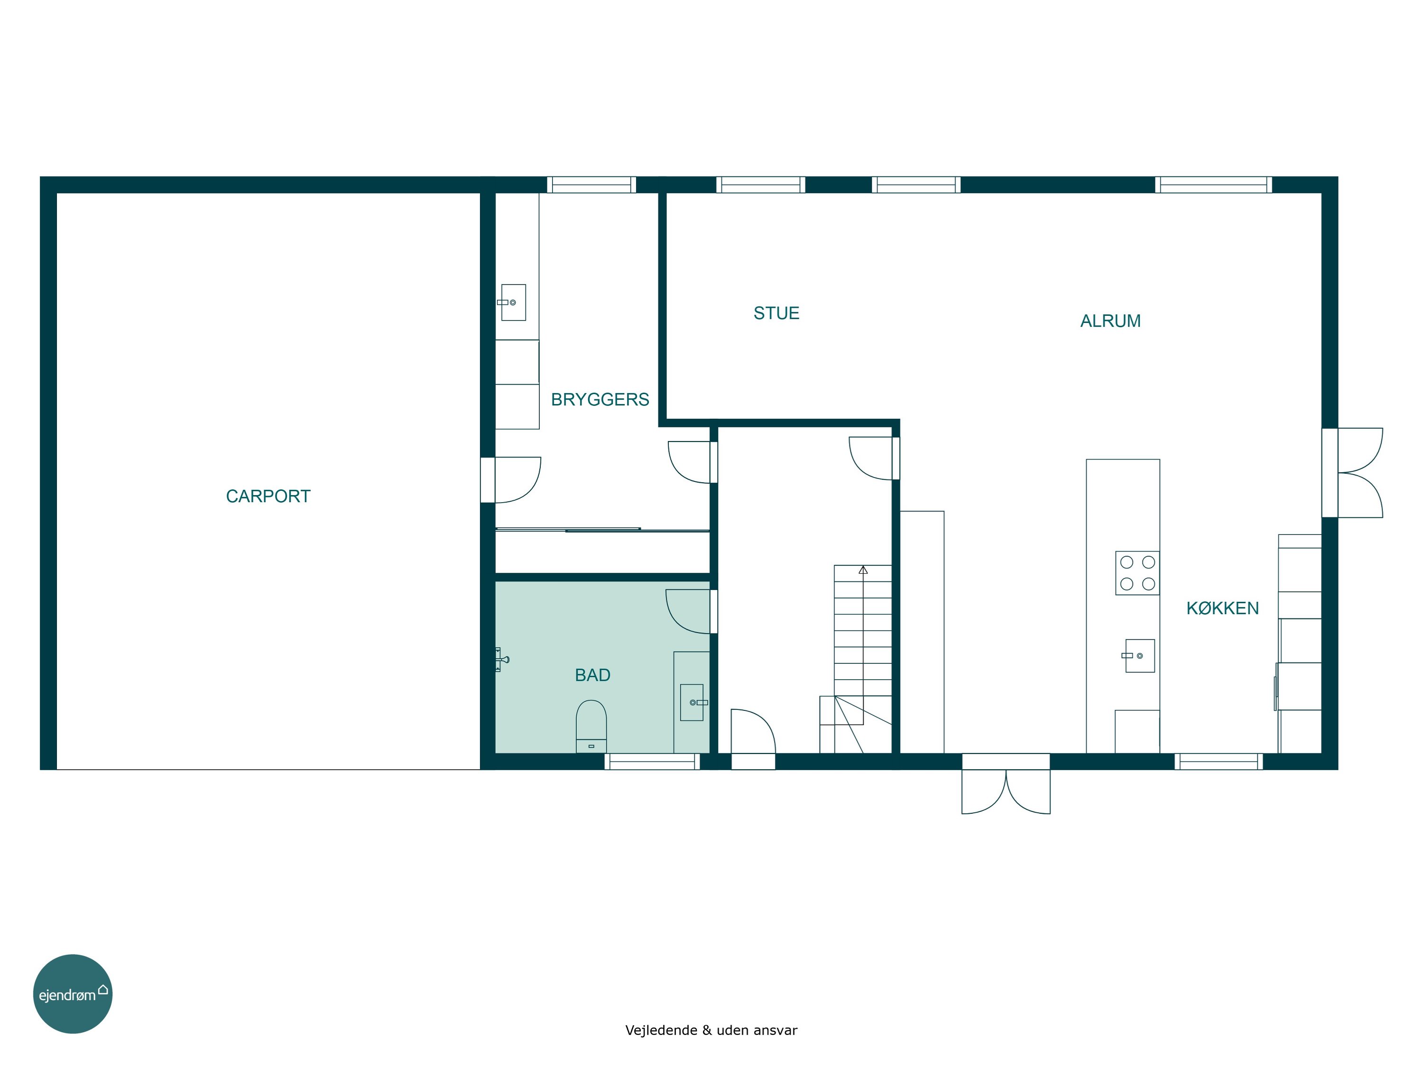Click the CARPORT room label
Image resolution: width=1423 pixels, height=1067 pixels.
(x=268, y=497)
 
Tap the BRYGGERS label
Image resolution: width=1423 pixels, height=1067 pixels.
(x=600, y=399)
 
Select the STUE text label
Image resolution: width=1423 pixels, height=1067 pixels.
(x=776, y=313)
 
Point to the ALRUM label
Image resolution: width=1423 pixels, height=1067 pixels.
(x=1110, y=321)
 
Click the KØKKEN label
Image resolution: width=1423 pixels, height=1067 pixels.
(x=1222, y=608)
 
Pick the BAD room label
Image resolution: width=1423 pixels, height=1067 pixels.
(x=592, y=675)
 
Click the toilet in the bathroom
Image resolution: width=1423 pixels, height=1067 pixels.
(x=591, y=726)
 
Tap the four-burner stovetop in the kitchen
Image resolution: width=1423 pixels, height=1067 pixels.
(x=1137, y=572)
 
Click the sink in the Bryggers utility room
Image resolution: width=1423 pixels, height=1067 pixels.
(x=513, y=302)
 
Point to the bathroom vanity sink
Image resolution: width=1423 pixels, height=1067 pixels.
(x=693, y=702)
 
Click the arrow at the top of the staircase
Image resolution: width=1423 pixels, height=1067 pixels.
(x=863, y=570)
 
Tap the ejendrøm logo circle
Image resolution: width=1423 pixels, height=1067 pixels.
(x=73, y=993)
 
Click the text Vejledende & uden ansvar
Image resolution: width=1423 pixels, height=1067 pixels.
(x=711, y=1030)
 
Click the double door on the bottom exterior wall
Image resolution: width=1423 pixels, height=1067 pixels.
(x=1006, y=784)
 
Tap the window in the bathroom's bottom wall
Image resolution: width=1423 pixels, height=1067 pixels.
(x=652, y=762)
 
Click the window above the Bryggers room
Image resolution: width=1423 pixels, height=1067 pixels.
(x=591, y=184)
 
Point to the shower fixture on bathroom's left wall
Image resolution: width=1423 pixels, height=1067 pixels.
(x=502, y=659)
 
